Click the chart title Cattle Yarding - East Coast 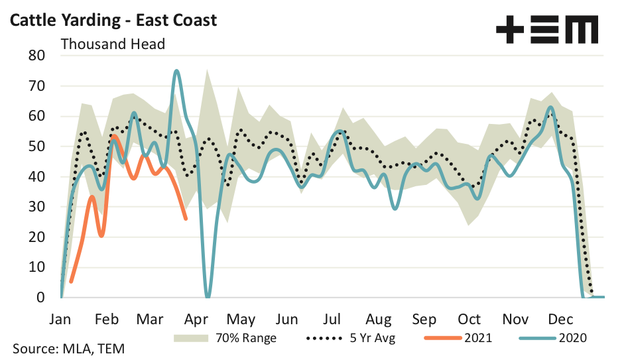[x=112, y=20]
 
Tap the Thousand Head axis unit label [x=113, y=44]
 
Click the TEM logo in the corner [x=546, y=30]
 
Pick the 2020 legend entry [x=569, y=338]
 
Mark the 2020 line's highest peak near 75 [x=176, y=70]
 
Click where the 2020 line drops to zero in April [x=208, y=296]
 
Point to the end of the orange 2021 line [x=186, y=219]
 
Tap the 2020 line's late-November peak [x=550, y=107]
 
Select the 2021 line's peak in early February [x=114, y=136]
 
